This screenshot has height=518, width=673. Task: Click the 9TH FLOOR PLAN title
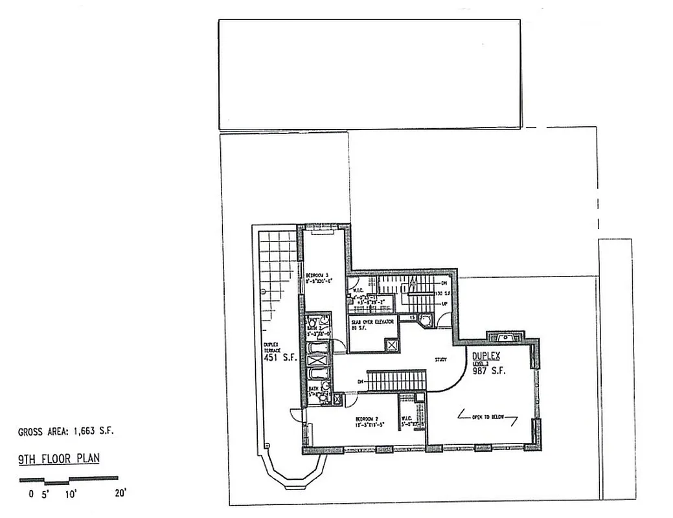click(58, 460)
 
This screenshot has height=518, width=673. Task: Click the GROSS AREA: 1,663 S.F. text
click(67, 431)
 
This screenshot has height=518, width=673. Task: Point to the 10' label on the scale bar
click(71, 493)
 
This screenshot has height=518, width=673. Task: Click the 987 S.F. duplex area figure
click(488, 371)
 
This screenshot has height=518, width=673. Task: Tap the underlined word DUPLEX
click(486, 356)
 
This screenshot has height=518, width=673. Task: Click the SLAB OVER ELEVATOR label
click(372, 322)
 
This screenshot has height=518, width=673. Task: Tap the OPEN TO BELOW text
click(486, 416)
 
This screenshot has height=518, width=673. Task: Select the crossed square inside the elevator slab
click(391, 344)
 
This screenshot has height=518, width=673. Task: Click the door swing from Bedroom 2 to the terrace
click(296, 416)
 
